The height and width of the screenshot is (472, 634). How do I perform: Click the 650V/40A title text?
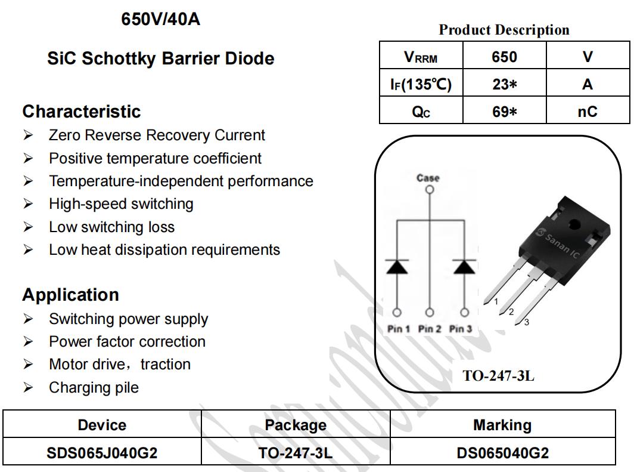[160, 19]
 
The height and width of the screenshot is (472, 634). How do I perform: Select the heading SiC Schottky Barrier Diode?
[161, 58]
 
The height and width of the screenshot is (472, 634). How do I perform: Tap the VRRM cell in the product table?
[421, 55]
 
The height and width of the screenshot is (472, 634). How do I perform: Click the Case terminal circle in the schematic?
[430, 189]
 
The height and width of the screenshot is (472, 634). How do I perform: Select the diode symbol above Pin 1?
[397, 266]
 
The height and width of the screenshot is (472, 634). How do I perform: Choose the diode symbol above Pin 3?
[464, 266]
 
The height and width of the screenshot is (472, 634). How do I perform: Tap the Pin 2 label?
[430, 329]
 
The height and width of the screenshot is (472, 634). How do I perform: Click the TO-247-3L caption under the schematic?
[499, 376]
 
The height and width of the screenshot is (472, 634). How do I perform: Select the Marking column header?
[502, 425]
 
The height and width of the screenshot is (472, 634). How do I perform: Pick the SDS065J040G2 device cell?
[102, 452]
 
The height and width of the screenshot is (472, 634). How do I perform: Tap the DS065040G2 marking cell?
[502, 452]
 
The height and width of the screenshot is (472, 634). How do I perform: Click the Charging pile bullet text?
[94, 387]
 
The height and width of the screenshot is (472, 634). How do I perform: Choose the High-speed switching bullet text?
[122, 203]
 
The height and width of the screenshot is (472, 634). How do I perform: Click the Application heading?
[71, 295]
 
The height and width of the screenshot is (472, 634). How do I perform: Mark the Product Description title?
[504, 30]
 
